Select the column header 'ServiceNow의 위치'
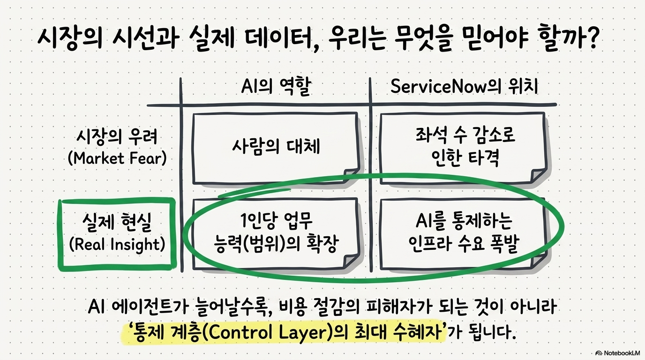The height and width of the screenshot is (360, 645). click(x=464, y=86)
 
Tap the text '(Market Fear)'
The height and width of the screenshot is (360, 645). click(x=117, y=158)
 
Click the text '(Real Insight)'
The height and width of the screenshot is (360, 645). click(x=117, y=244)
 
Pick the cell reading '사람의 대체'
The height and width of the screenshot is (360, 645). click(x=276, y=146)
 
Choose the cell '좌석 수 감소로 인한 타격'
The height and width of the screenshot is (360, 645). click(x=464, y=147)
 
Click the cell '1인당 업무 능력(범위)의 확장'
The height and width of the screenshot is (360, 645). click(x=276, y=233)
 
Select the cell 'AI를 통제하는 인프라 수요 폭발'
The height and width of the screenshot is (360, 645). click(x=464, y=233)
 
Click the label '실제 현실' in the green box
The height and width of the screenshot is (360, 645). click(x=117, y=222)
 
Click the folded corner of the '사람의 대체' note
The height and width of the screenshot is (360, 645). click(x=352, y=174)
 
